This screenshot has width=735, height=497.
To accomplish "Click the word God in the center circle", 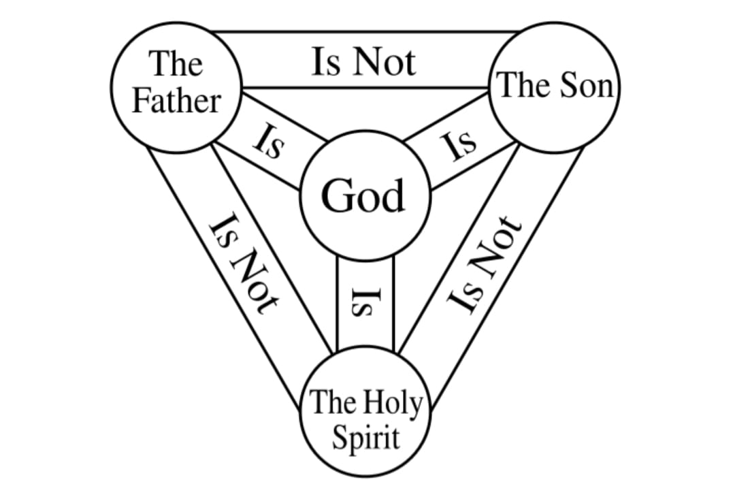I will [363, 196].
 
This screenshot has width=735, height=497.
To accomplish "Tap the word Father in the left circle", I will [176, 101].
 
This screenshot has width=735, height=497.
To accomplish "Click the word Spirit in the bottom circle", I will [365, 438].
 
